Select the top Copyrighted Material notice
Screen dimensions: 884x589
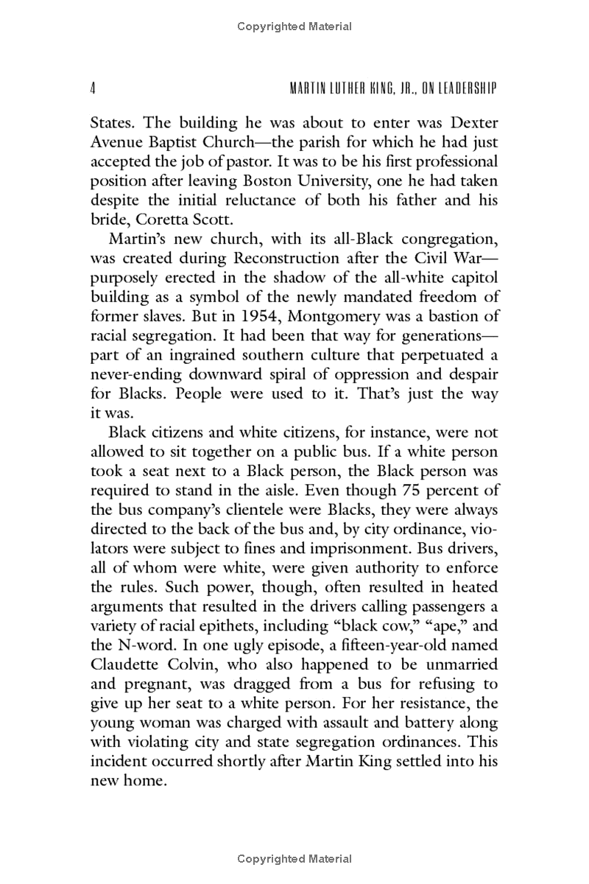pyautogui.click(x=294, y=27)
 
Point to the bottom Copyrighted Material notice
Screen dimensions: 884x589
pyautogui.click(x=294, y=859)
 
